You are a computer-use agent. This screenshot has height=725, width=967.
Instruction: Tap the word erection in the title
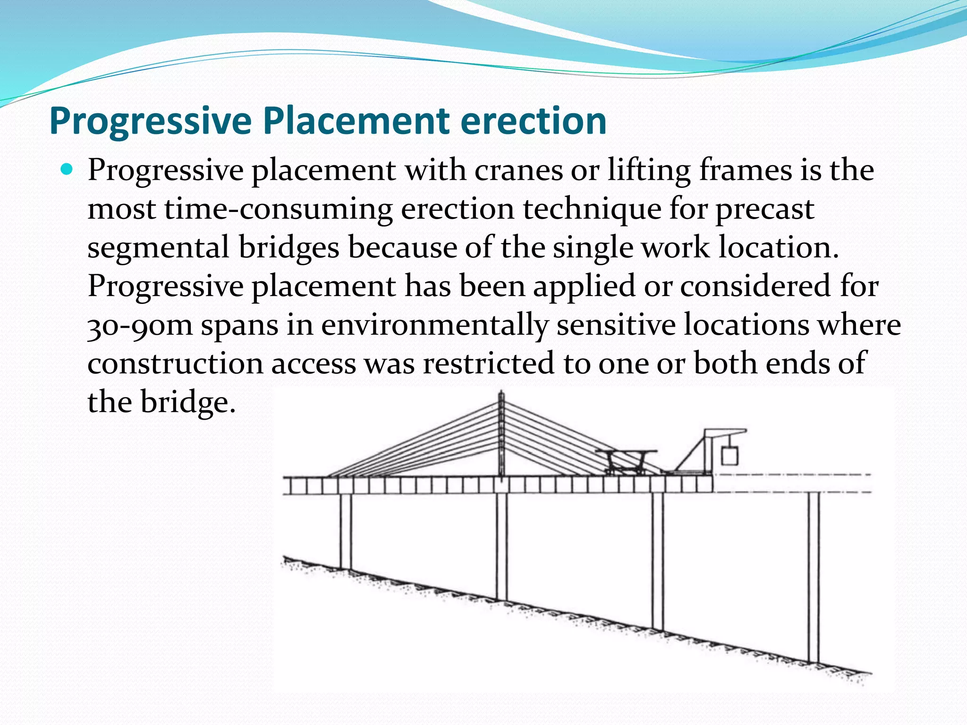point(534,121)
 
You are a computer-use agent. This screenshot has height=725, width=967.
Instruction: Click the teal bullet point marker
point(68,169)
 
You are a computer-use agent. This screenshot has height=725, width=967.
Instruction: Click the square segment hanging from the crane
point(729,456)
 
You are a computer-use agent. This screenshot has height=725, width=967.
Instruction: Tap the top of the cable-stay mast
point(501,394)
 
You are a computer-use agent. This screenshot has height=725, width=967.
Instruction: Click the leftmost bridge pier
point(346,531)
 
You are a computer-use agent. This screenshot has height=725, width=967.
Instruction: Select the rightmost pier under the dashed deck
point(813,576)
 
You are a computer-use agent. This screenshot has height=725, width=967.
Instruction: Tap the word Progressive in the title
point(151,121)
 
